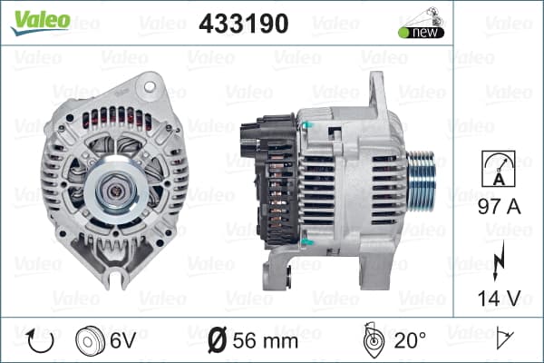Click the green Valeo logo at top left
41,22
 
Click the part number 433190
244,24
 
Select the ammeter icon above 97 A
499,169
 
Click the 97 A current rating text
500,207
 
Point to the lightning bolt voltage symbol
499,260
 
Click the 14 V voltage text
500,298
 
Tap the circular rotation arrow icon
40,341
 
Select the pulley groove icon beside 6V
90,341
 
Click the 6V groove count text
122,340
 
